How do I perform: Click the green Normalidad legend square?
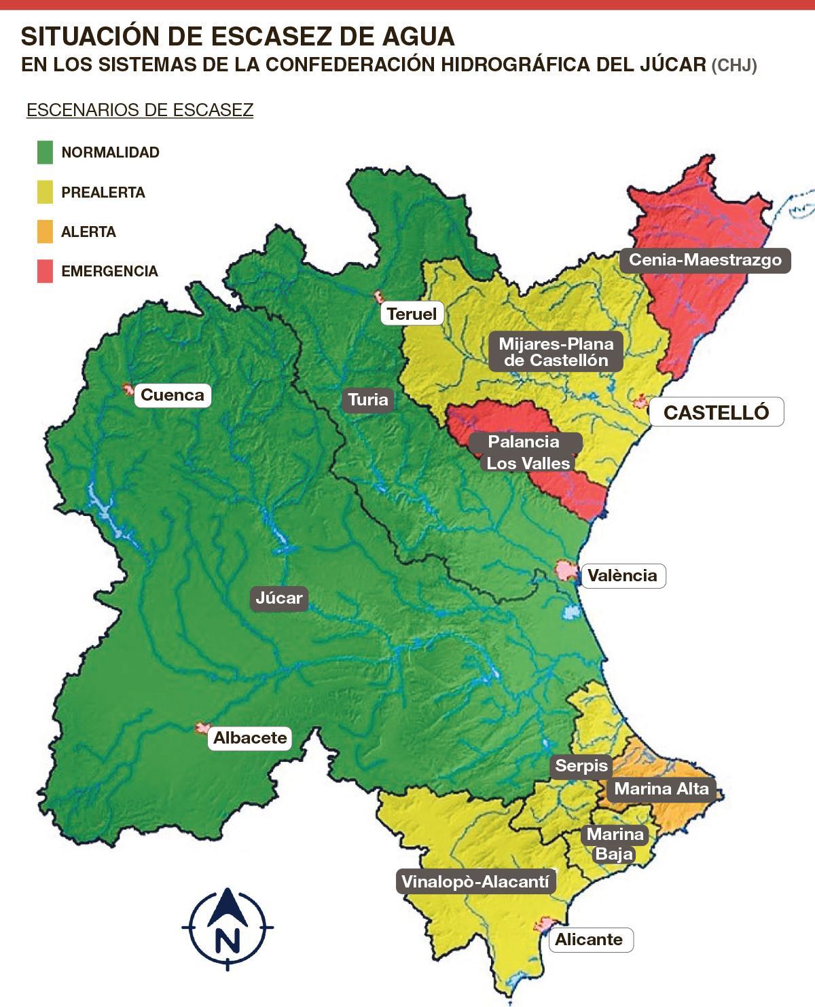click(45, 152)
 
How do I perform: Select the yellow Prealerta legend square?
click(45, 192)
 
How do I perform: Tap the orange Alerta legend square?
click(45, 232)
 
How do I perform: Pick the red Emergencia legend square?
click(45, 271)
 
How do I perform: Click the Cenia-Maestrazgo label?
click(705, 260)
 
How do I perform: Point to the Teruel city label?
click(412, 314)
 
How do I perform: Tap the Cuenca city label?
click(173, 395)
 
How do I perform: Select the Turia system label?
click(368, 399)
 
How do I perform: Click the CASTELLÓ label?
click(716, 412)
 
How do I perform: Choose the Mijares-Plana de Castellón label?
click(556, 352)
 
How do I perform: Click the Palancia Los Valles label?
click(526, 452)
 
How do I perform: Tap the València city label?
click(622, 576)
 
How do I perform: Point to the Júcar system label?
click(279, 598)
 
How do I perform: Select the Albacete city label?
click(250, 738)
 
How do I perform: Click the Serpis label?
click(581, 766)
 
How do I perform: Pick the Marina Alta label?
click(661, 789)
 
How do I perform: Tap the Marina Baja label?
click(615, 843)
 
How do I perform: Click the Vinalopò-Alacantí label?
click(475, 882)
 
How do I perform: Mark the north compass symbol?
click(228, 928)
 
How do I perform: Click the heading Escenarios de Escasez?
click(140, 110)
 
